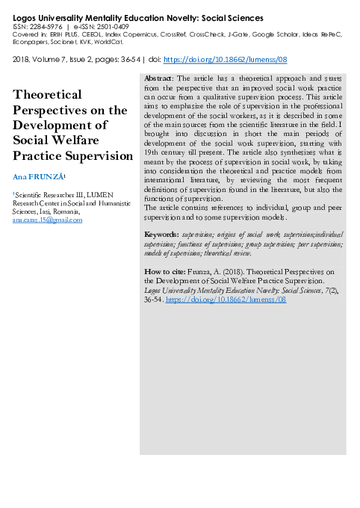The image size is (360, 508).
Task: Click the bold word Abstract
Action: pyautogui.click(x=158, y=78)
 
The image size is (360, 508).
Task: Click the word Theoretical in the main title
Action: pyautogui.click(x=58, y=95)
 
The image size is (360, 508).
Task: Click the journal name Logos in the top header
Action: pyautogui.click(x=27, y=16)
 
